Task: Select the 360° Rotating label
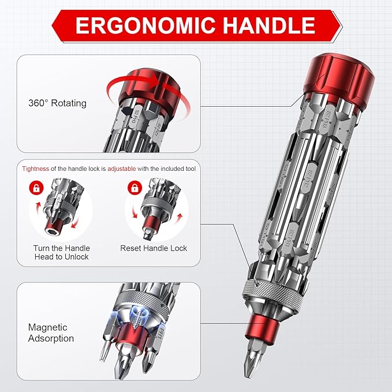[x=57, y=103]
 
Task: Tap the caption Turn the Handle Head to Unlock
[x=61, y=252]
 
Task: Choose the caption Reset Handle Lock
[x=154, y=248]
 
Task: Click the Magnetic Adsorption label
[x=51, y=333]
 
